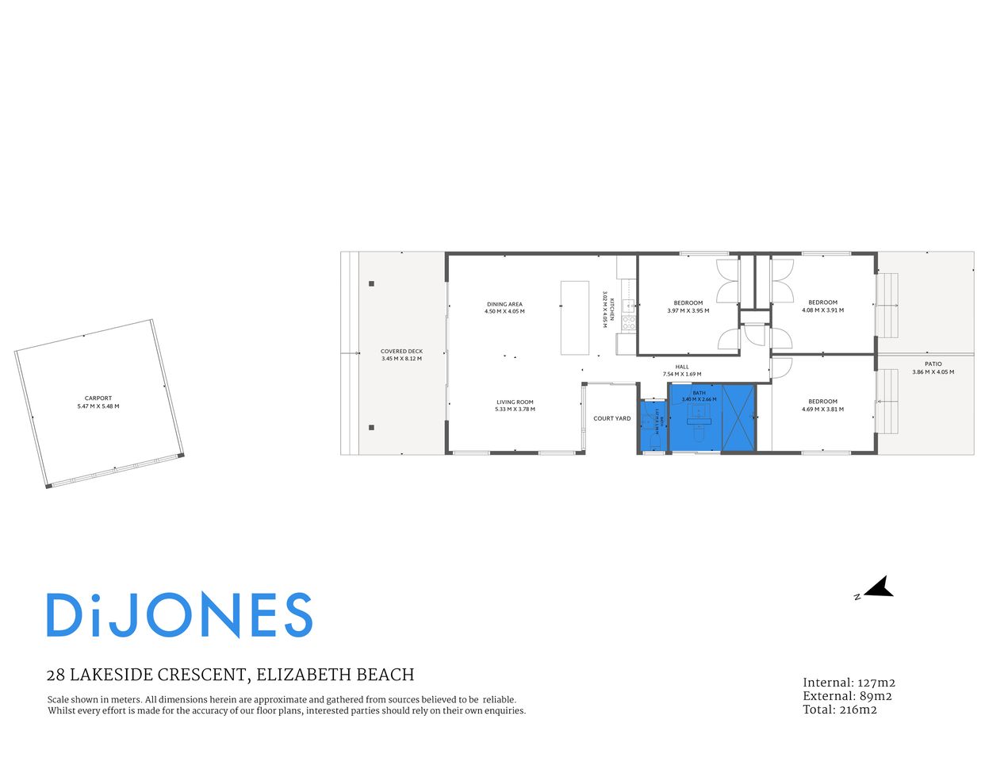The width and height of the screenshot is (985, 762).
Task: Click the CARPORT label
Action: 98,398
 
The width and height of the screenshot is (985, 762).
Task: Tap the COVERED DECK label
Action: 401,351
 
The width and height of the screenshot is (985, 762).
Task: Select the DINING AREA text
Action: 504,304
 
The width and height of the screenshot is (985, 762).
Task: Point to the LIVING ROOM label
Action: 515,402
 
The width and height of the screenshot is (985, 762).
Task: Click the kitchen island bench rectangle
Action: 574,317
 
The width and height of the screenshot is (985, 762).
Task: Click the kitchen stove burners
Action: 628,323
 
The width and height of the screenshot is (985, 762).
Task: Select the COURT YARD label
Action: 612,418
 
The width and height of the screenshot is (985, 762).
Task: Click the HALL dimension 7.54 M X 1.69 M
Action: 682,374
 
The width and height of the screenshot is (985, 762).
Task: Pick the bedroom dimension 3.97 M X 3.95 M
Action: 688,310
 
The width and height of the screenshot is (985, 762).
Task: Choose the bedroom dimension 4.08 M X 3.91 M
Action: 822,310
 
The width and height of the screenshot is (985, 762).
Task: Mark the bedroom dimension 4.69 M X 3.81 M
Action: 822,410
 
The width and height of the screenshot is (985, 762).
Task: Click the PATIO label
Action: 933,364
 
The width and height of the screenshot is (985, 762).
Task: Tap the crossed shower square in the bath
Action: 738,418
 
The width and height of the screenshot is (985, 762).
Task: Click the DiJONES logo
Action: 179,615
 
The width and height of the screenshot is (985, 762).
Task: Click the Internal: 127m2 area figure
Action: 849,683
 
